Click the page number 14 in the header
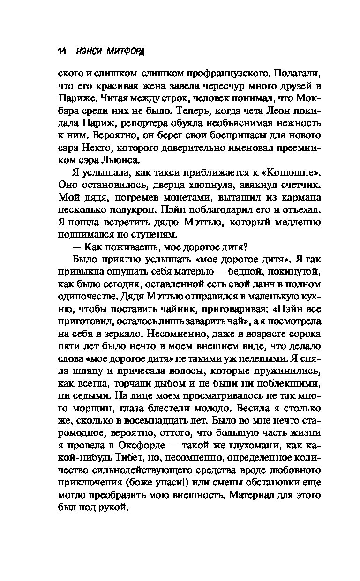[x=62, y=52]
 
